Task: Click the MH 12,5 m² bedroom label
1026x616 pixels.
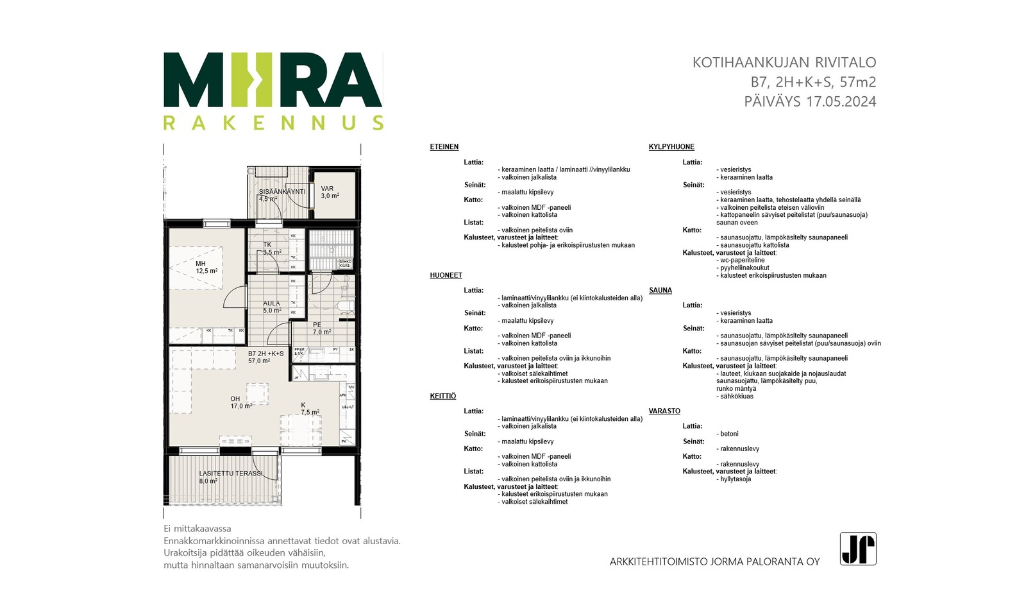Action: point(206,268)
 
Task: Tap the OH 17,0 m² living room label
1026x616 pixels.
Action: point(240,402)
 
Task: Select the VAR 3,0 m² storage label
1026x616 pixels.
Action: point(330,193)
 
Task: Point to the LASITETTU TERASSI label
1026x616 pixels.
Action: point(230,474)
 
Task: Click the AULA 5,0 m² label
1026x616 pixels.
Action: point(272,307)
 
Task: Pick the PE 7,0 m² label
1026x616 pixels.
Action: point(321,329)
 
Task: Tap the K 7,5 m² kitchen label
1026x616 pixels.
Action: point(310,409)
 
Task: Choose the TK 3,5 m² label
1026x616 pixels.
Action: point(272,248)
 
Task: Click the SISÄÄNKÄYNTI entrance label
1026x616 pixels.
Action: point(282,192)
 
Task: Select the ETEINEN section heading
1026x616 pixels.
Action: point(444,147)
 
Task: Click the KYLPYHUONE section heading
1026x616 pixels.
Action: point(671,147)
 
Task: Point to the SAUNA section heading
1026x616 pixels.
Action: point(660,291)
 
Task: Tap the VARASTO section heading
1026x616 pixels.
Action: point(664,411)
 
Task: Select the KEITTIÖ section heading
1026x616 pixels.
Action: point(442,397)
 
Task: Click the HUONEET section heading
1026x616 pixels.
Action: point(446,275)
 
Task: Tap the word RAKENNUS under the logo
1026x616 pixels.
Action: point(273,123)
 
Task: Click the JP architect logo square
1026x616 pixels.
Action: point(858,549)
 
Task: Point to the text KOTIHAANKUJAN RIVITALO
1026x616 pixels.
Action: point(784,63)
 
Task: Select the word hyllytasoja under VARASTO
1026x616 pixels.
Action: point(735,479)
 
